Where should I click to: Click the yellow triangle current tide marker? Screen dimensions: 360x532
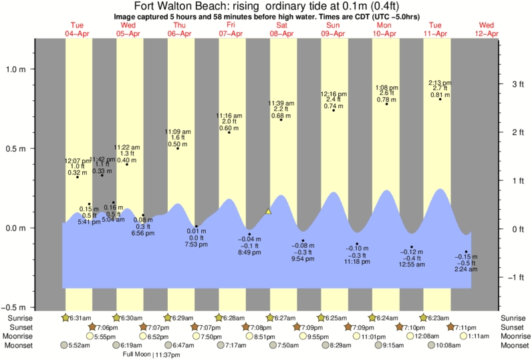[269, 211]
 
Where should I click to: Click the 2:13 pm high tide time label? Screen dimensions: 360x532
[440, 83]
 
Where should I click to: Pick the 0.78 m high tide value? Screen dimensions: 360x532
[386, 100]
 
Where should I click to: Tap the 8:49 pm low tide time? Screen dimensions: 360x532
[249, 252]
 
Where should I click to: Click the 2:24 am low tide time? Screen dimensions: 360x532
[466, 269]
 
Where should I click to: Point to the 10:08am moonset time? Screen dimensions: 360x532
[448, 346]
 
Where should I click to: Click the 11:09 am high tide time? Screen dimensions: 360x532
[178, 132]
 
